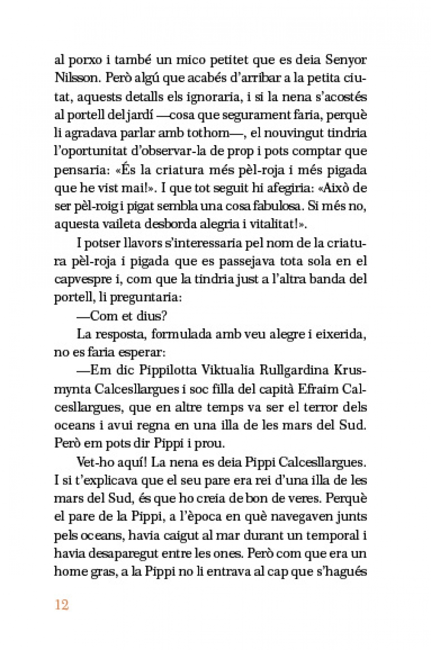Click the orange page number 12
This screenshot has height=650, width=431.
pos(62,605)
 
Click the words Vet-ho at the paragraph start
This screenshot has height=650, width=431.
pos(92,462)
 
